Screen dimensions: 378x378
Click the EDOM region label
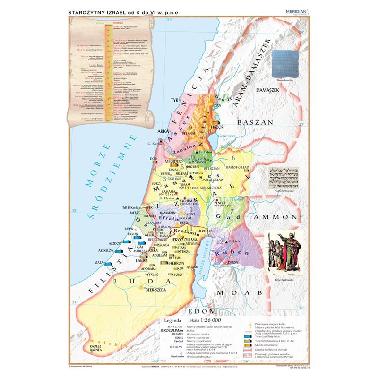coord(202,312)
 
